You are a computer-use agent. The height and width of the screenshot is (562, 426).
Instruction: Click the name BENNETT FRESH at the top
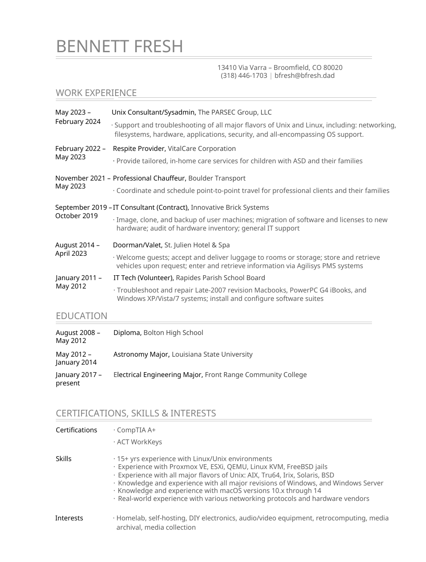coord(120,46)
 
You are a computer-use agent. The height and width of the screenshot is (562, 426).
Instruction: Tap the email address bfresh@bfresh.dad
coord(304,76)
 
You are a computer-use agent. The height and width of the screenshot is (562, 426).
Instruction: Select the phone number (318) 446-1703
coord(244,76)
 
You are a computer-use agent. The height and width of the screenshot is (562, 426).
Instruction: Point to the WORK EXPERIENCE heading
coord(96,93)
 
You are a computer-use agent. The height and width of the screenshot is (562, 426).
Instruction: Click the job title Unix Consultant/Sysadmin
coord(153,112)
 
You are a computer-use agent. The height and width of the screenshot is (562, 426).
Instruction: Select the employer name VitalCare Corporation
coord(201,149)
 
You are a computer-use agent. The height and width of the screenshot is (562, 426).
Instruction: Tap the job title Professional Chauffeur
coord(149,178)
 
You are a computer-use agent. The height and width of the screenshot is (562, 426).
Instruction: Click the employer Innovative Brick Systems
coord(230,208)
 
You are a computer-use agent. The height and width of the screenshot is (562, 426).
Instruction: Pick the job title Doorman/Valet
coord(138,245)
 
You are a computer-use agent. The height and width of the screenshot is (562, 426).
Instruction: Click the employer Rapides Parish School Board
coord(220,278)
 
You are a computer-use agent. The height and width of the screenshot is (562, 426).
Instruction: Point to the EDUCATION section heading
coord(81,316)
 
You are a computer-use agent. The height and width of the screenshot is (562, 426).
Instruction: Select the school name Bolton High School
coord(173,333)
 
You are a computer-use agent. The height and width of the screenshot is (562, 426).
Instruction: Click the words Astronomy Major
coord(141,354)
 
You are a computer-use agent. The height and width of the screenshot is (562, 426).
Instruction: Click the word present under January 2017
coord(68,383)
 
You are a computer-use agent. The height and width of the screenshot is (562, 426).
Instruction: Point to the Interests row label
coord(69,518)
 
